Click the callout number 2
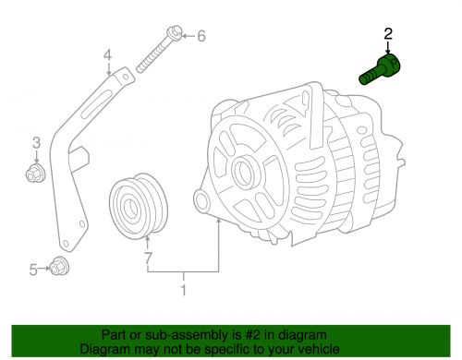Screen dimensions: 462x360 point(388,33)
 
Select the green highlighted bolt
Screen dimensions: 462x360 point(380,69)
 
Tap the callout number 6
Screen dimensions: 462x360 point(201,36)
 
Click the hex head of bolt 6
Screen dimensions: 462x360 point(175,33)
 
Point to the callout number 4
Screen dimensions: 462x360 point(107,55)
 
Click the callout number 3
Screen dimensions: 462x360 point(37,143)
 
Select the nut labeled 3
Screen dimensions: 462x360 point(35,173)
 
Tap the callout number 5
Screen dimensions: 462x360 point(33,270)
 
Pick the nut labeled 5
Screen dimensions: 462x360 point(59,267)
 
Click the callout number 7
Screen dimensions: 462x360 point(148,258)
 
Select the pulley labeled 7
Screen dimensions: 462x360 point(139,207)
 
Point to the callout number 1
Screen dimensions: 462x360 point(183,290)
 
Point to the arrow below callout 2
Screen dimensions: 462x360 point(388,48)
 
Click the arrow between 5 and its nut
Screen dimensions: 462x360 point(43,269)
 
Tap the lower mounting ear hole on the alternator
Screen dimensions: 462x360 point(201,201)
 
